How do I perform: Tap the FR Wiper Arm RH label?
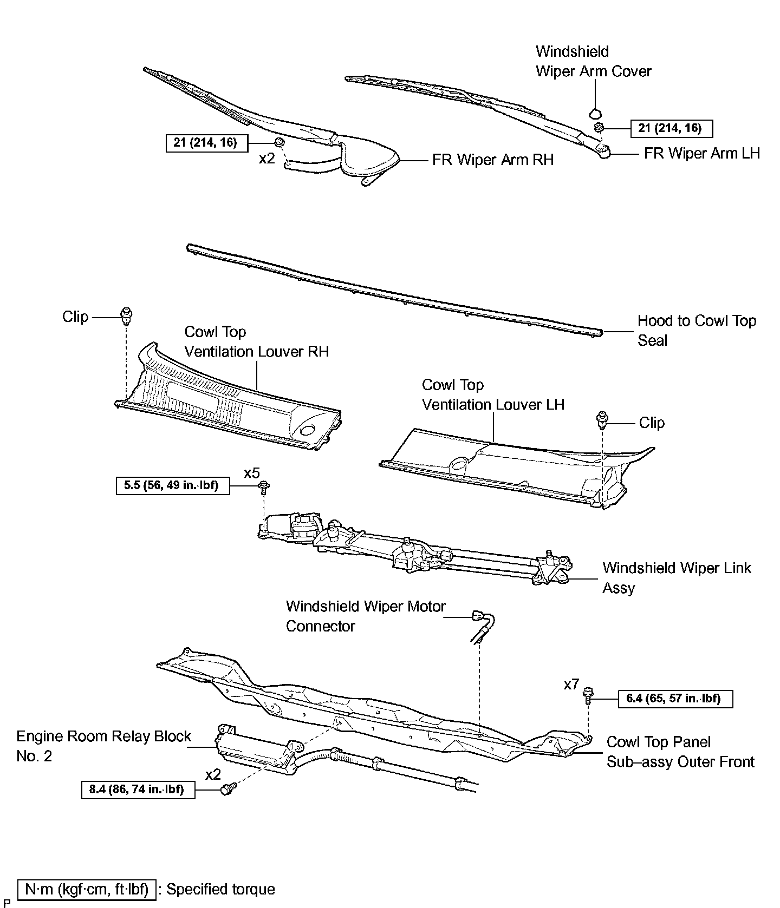point(492,160)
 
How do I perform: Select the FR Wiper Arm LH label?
point(701,154)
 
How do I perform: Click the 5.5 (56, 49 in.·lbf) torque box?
point(172,485)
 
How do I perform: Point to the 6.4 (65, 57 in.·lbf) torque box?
point(675,699)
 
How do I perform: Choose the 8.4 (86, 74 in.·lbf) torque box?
point(138,789)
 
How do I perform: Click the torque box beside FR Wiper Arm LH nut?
point(671,128)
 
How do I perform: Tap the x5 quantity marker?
point(252,473)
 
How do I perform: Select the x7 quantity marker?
point(571,685)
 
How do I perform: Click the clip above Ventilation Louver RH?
point(127,314)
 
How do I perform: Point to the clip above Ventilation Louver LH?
point(602,419)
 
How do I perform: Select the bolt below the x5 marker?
point(264,486)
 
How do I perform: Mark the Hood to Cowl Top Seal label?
point(696,331)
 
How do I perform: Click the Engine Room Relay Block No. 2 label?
point(103,746)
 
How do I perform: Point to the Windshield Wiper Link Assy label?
point(677,578)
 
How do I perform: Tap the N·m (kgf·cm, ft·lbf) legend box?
point(87,889)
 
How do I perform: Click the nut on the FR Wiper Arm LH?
point(599,128)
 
